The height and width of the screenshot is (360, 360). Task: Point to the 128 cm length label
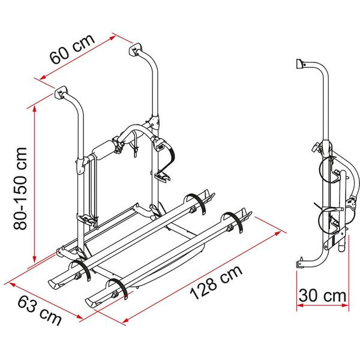[x=216, y=282]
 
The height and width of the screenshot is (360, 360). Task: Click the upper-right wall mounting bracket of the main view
[x=136, y=47]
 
